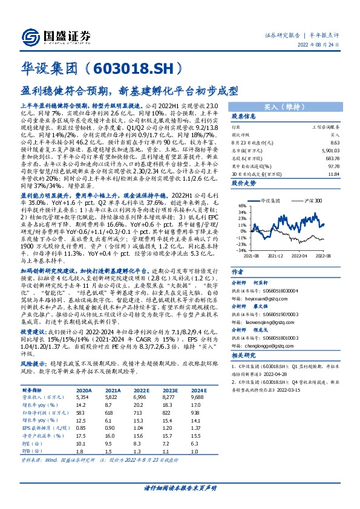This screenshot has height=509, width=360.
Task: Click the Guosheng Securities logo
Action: coord(49,36)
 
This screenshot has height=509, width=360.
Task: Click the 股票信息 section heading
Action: coord(244,115)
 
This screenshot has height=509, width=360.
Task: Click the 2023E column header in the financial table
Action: coord(168,409)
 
